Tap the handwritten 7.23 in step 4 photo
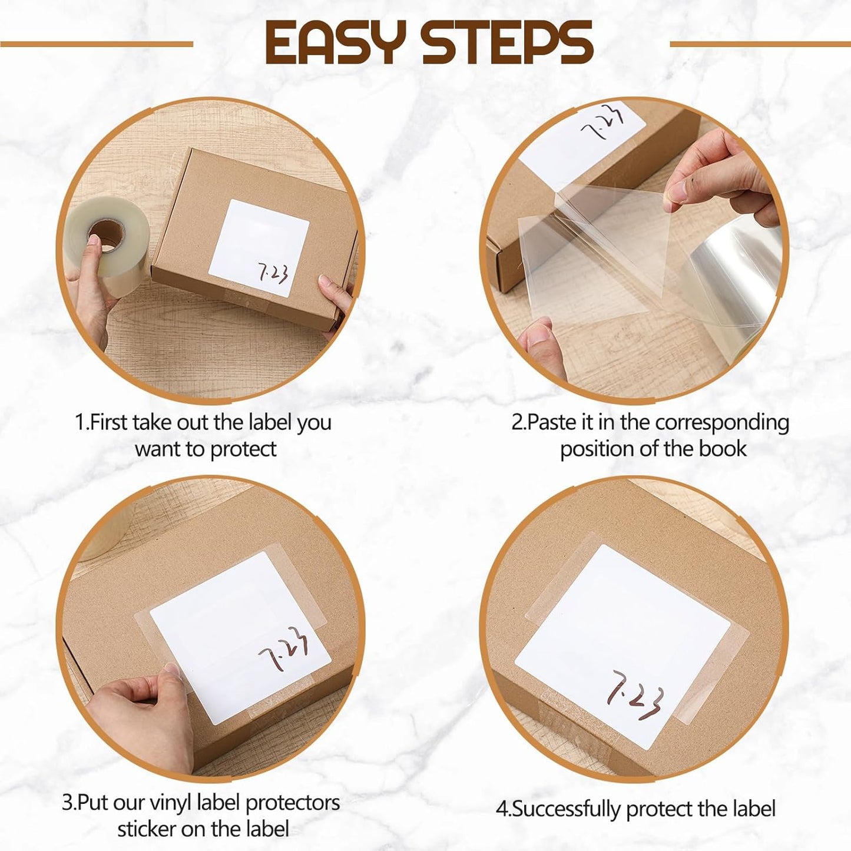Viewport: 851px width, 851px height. (x=635, y=695)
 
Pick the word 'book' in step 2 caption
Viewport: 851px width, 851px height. (x=723, y=449)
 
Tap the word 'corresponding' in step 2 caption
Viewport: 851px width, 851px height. (x=722, y=423)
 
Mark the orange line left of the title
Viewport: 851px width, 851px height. (x=97, y=44)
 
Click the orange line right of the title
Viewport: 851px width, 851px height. (x=760, y=44)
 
